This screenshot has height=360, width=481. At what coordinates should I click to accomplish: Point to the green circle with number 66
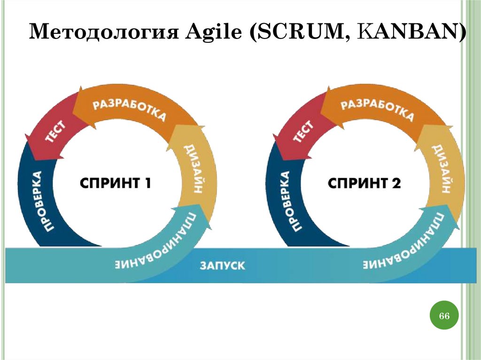pos(444,316)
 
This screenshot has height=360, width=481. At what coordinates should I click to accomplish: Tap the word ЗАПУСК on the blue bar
pos(222,266)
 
